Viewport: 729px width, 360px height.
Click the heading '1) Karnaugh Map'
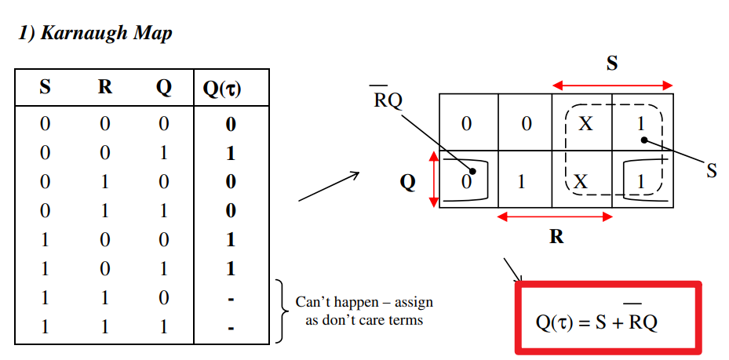click(x=95, y=34)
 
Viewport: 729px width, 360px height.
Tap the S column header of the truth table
click(x=45, y=87)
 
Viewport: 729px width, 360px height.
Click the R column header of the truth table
click(x=104, y=87)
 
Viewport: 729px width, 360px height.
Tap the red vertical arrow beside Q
click(x=433, y=180)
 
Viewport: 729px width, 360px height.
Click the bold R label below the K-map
click(x=556, y=235)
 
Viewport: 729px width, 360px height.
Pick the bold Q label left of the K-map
click(x=407, y=182)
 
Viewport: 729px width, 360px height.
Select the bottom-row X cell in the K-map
click(x=581, y=181)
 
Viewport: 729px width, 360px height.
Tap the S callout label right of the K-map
click(x=711, y=170)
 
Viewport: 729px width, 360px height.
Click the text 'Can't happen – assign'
click(x=364, y=302)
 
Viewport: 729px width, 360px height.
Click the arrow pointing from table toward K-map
click(x=328, y=187)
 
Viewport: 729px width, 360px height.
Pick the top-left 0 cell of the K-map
click(x=468, y=123)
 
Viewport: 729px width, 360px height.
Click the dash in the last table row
click(x=231, y=326)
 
